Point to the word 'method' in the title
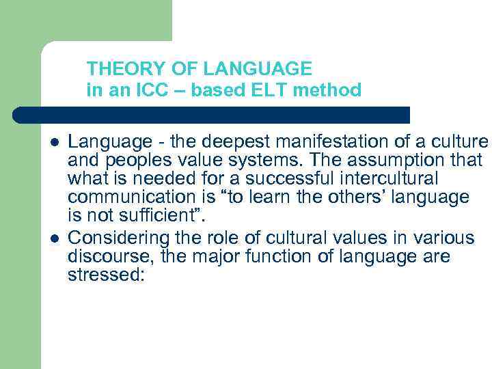tap(332, 90)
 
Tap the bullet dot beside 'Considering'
tap(54, 238)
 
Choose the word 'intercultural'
tap(372, 180)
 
